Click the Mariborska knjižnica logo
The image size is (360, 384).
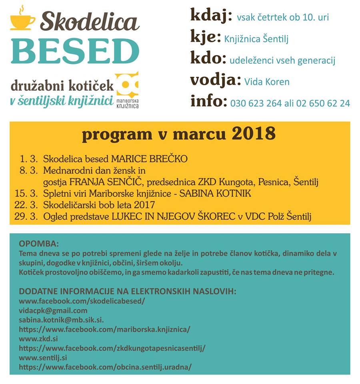click(128, 90)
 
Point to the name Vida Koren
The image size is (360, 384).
click(267, 82)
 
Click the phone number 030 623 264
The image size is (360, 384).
click(256, 103)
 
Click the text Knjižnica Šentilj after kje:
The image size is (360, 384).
click(256, 39)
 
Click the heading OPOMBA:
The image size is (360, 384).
click(38, 244)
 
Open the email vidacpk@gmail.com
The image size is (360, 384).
click(53, 310)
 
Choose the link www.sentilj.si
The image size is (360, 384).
click(43, 357)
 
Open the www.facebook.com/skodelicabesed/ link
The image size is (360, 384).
click(82, 301)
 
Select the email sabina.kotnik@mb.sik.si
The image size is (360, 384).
click(61, 320)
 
